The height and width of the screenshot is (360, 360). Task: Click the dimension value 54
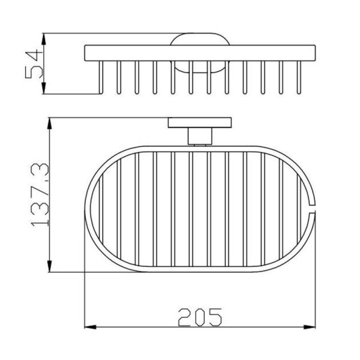tap(34, 64)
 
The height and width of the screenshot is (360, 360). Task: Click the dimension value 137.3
tap(40, 195)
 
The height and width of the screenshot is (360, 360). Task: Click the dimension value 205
tap(200, 317)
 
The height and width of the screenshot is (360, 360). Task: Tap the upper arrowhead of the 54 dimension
tap(44, 39)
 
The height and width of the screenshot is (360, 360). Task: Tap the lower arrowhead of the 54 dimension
tap(44, 88)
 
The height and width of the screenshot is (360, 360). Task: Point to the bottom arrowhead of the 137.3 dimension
tap(50, 266)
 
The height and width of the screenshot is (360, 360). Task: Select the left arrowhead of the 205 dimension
tap(91, 327)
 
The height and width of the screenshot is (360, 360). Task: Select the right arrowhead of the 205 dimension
tap(310, 327)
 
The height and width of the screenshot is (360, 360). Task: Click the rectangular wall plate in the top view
tap(200, 122)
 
